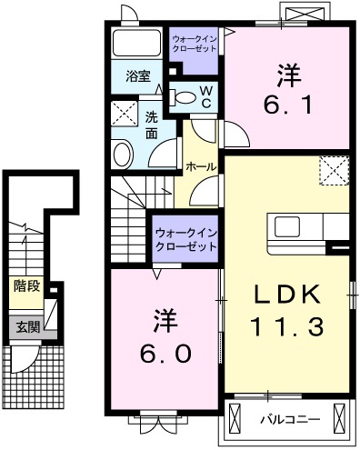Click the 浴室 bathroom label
pyautogui.click(x=137, y=77)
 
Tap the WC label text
pyautogui.click(x=205, y=96)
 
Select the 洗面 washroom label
pyautogui.click(x=152, y=125)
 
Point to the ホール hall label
pyautogui.click(x=200, y=167)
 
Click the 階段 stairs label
pyautogui.click(x=26, y=285)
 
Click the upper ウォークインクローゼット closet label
pyautogui.click(x=195, y=42)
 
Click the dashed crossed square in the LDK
pyautogui.click(x=334, y=169)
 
